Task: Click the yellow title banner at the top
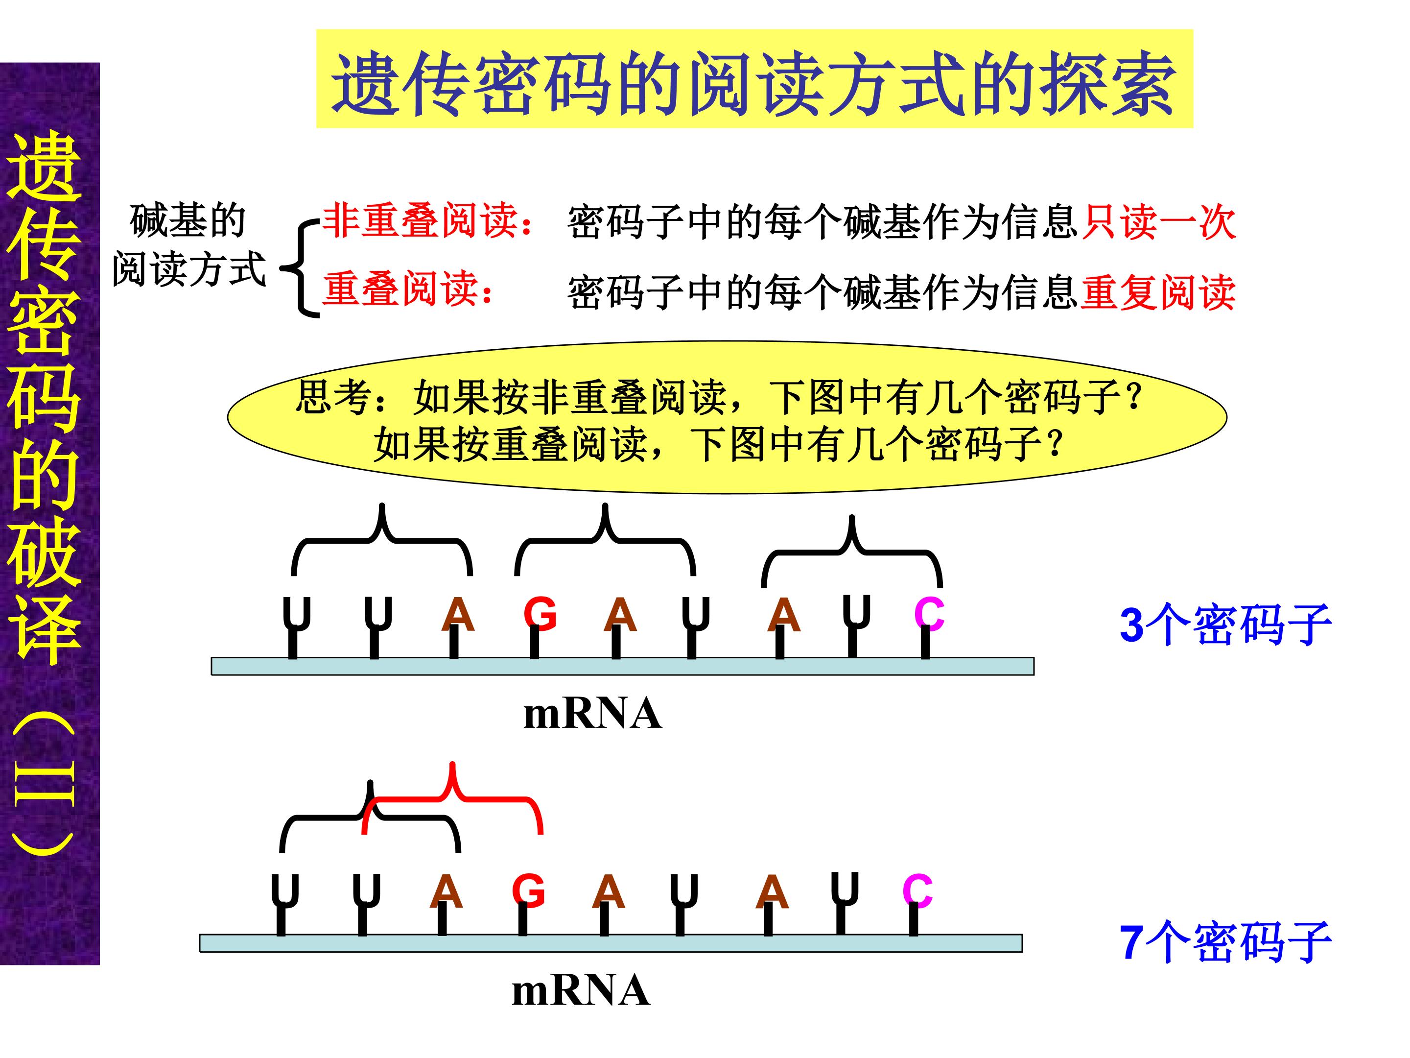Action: [x=754, y=78]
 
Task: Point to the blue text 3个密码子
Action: [x=1225, y=625]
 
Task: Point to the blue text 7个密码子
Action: [x=1225, y=942]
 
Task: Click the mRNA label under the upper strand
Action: [x=592, y=714]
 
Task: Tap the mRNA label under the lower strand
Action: [x=581, y=991]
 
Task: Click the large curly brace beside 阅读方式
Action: [x=300, y=268]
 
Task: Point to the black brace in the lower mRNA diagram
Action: [x=370, y=817]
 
